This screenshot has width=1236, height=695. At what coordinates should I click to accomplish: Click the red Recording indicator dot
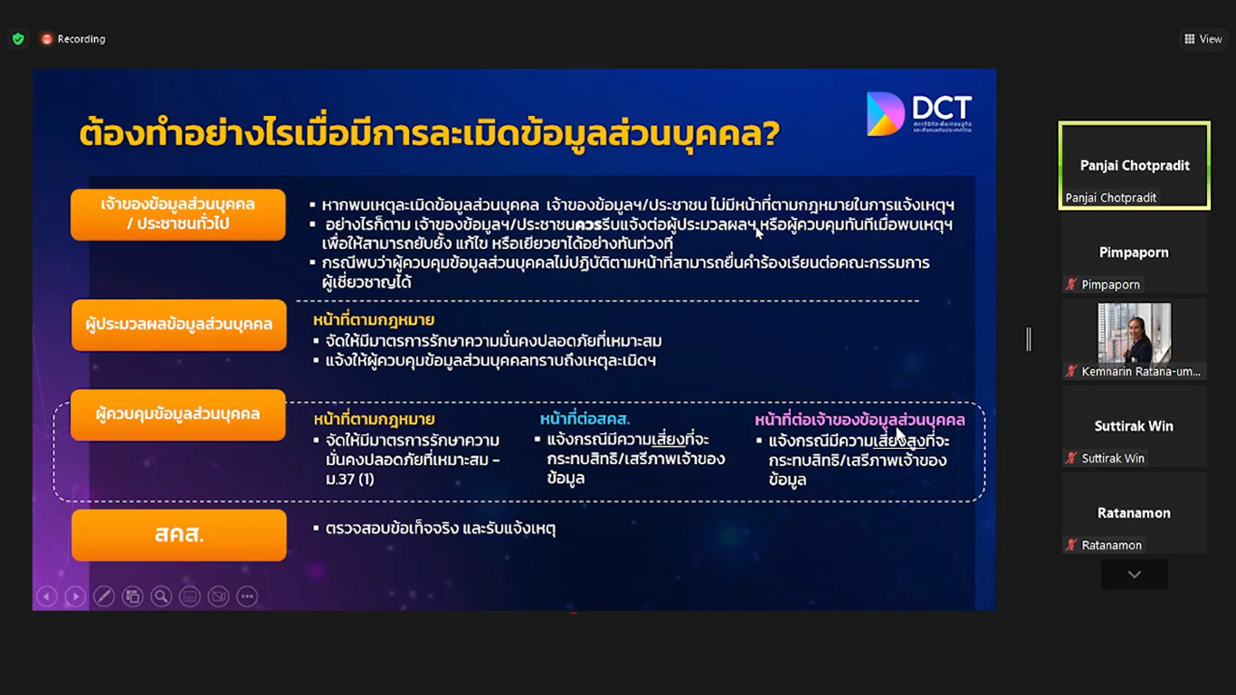47,39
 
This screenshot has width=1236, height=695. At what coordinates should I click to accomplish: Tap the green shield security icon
18,39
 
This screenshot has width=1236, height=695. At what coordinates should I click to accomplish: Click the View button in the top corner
1203,39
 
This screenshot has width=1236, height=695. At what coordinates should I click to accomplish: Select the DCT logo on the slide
919,114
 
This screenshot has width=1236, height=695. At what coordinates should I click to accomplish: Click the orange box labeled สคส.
179,535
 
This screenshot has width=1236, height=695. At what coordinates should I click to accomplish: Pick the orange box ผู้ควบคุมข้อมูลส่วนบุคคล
178,414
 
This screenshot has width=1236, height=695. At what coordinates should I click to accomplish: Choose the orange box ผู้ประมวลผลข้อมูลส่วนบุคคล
179,325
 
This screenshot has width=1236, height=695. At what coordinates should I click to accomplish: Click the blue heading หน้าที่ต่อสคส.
585,420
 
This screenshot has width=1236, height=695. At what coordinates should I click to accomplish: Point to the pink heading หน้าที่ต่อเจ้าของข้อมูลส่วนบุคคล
860,420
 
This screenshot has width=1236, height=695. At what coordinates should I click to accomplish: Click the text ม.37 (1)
350,479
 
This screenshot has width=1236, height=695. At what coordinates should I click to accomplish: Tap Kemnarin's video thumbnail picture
1134,333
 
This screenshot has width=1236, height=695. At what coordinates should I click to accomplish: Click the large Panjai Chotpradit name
1135,165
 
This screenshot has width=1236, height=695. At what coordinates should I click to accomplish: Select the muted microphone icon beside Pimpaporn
1071,284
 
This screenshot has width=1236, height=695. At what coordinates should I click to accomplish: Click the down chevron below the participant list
1135,575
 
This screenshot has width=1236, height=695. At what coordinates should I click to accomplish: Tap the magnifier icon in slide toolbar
161,596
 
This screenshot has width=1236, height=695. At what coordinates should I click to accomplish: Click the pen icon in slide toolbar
104,596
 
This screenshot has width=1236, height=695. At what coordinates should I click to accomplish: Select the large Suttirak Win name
1134,426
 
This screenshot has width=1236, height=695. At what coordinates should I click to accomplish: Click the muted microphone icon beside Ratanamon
1071,545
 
